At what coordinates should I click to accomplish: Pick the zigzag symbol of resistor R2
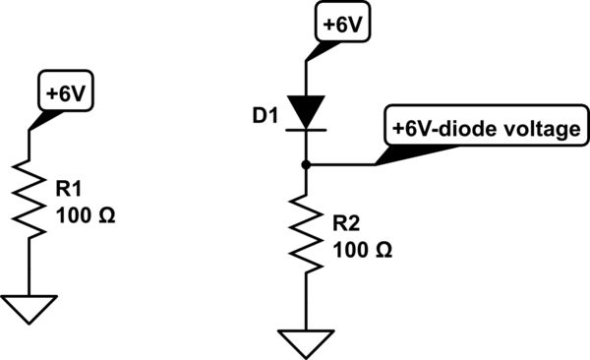[x=308, y=237]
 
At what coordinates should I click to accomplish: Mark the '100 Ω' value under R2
[x=363, y=251]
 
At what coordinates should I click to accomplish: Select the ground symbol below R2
[x=308, y=344]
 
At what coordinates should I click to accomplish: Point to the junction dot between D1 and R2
[x=308, y=164]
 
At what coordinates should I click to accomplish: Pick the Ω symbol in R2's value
[x=386, y=251]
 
